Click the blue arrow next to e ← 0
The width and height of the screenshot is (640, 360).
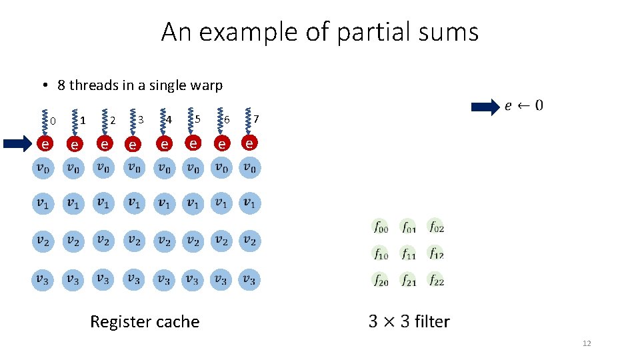485,106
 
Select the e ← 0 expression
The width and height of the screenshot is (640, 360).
524,105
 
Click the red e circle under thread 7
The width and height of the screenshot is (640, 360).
249,143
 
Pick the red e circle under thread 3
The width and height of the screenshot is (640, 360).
133,143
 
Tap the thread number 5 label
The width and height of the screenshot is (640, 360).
198,119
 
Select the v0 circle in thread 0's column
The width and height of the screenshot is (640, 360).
42,167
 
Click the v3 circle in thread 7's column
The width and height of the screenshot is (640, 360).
249,279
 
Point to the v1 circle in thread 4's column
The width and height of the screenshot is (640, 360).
164,203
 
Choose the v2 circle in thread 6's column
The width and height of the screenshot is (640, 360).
221,241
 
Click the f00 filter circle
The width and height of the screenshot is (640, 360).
380,227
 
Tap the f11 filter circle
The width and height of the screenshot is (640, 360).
408,254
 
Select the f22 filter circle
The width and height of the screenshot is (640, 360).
436,280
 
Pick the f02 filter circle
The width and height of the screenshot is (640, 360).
436,227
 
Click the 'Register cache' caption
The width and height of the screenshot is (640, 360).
145,322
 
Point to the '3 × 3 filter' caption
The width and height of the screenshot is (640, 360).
409,322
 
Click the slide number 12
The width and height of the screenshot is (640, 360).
587,343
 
